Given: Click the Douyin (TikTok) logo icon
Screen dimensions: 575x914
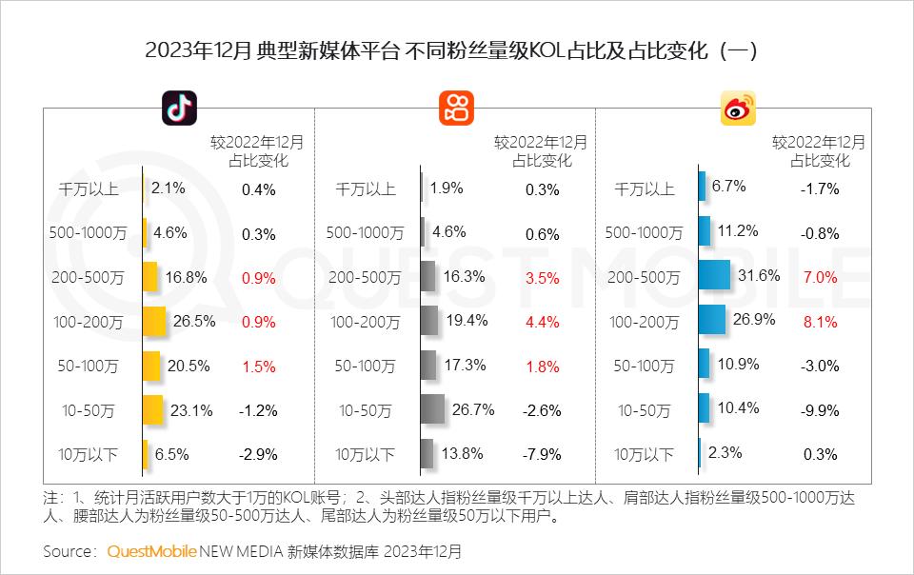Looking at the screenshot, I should (x=178, y=109).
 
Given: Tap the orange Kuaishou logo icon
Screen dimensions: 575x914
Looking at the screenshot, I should (x=456, y=109).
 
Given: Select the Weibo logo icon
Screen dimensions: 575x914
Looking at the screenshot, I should (x=737, y=109).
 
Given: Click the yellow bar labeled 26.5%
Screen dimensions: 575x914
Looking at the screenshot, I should (x=154, y=322).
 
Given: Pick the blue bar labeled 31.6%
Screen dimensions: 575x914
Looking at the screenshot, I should (x=714, y=276).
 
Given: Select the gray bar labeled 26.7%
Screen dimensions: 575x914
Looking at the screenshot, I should (x=432, y=410).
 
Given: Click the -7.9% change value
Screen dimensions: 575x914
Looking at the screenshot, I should (x=543, y=454).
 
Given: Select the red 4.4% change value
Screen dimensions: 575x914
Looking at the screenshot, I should (x=543, y=322).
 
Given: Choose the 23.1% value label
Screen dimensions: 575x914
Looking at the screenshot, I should (x=189, y=409).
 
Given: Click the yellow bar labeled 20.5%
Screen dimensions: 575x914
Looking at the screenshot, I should (x=151, y=366).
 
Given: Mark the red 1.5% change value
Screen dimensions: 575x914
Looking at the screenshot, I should (x=259, y=366).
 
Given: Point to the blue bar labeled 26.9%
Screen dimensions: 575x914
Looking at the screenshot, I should (x=712, y=322).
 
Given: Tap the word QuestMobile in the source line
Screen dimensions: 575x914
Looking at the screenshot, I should (x=152, y=551).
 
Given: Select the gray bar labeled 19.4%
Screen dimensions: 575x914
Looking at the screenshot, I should (x=429, y=322).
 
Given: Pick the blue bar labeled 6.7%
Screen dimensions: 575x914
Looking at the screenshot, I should (x=702, y=187).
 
